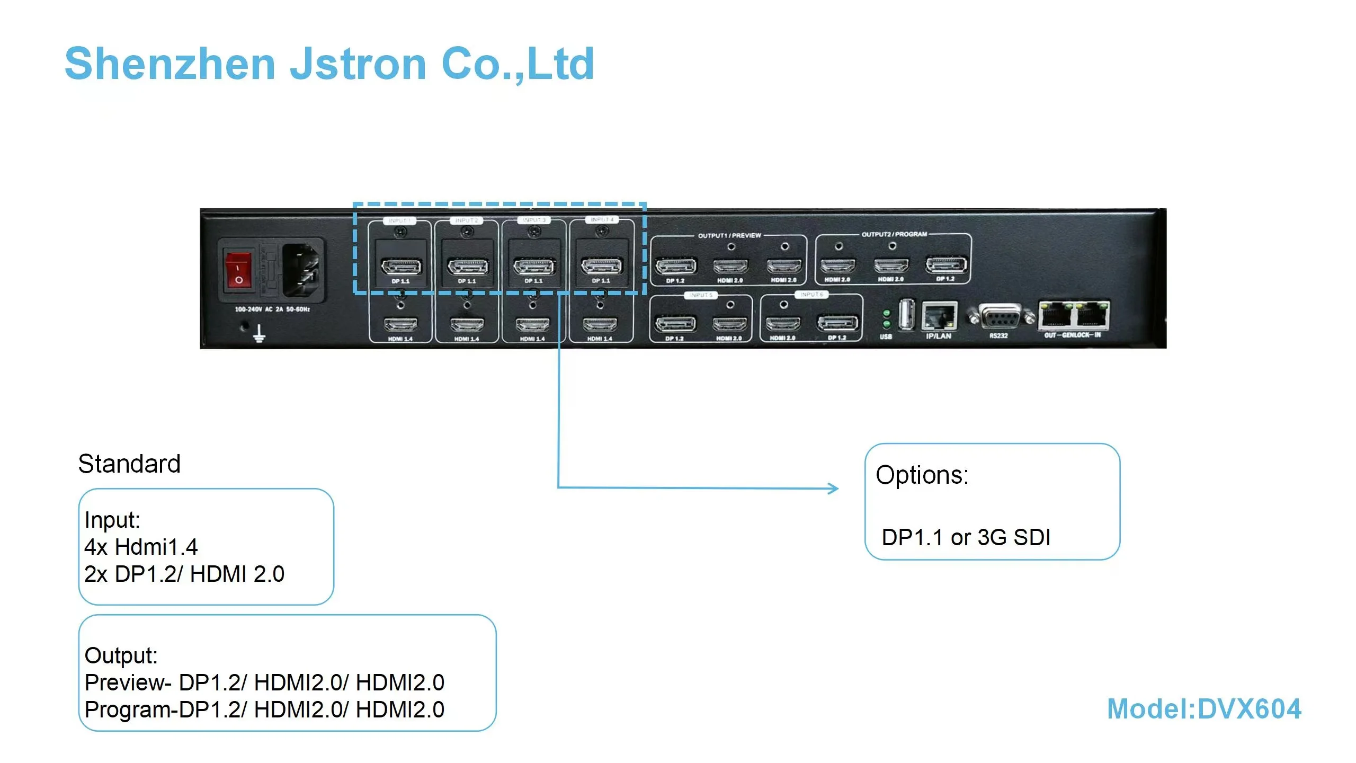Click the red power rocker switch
[x=238, y=271]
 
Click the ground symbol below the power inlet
[x=258, y=334]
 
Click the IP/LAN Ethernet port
[x=939, y=316]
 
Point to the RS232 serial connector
[x=999, y=318]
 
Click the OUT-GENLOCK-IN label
[x=1072, y=335]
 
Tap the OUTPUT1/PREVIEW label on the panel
[x=729, y=235]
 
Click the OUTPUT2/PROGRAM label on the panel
[x=894, y=234]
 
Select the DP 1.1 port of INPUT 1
[x=401, y=266]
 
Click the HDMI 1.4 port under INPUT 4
[x=600, y=323]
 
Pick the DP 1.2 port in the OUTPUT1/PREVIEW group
[x=676, y=266]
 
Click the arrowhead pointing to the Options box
[x=834, y=488]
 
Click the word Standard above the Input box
[x=129, y=464]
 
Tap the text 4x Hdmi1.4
[x=141, y=547]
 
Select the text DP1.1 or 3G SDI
[x=966, y=537]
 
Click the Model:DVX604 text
[x=1203, y=709]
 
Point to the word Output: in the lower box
[x=121, y=655]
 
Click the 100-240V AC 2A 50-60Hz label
[x=272, y=309]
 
